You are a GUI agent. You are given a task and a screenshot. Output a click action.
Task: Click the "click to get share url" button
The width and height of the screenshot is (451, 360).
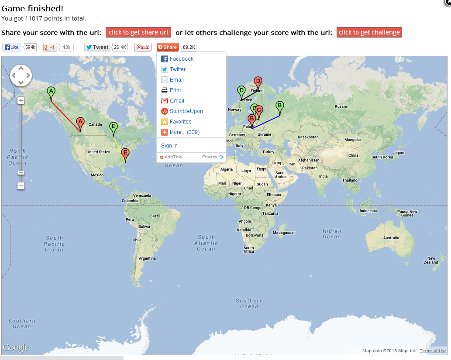(138, 32)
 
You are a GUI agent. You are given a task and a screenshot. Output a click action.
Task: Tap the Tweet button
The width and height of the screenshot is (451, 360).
(97, 47)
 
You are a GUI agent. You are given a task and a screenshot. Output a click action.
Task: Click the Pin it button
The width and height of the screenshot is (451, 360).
(142, 47)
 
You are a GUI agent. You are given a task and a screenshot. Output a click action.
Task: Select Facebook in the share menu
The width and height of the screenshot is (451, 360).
(181, 59)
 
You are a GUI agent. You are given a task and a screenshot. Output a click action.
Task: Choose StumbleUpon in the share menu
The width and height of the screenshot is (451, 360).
(186, 111)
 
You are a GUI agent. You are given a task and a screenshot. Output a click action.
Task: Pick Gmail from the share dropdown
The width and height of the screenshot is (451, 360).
(177, 101)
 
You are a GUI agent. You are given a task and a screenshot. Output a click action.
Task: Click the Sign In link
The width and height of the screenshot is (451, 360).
(169, 146)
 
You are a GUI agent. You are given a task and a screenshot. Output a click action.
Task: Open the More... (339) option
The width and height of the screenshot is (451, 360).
(184, 132)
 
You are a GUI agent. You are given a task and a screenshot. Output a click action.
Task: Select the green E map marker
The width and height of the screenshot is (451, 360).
(114, 127)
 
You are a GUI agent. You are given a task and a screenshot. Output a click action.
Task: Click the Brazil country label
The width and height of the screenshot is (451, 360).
(155, 216)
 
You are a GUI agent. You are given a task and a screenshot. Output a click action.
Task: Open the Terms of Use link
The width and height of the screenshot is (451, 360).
(433, 351)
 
